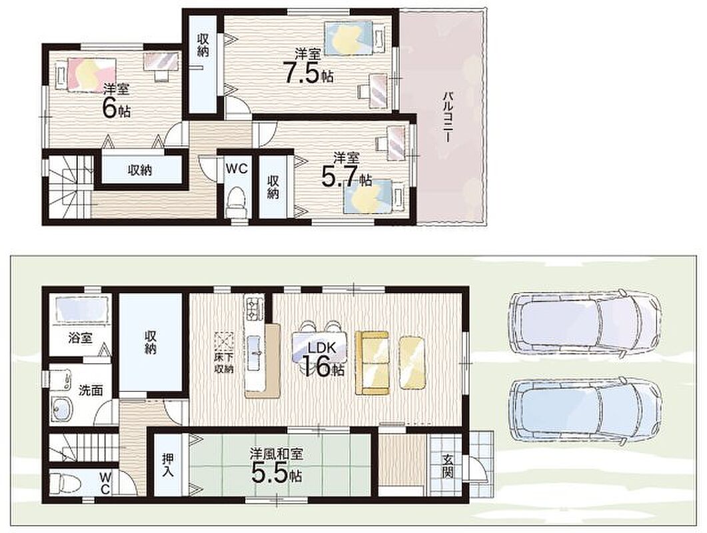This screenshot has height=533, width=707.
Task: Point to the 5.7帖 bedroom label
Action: point(347,170)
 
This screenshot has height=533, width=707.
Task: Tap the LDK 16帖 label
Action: point(323,359)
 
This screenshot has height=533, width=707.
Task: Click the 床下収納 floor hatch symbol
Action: point(224,342)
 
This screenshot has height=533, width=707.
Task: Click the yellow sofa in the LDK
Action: point(372,363)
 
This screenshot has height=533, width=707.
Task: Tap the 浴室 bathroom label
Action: point(81,338)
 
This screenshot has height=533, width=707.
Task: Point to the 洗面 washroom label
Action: point(91,390)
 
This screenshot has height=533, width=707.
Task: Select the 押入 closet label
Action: point(169,465)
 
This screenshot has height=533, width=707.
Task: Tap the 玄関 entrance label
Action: point(448,466)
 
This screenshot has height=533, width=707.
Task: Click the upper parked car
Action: point(585,319)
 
